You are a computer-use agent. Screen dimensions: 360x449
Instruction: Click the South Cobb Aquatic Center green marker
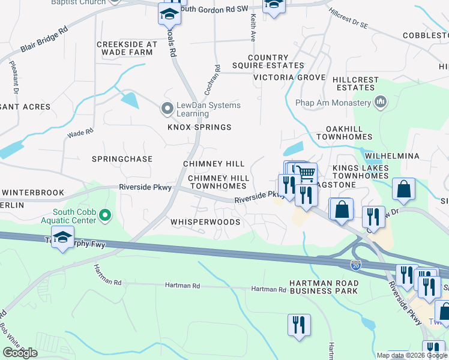pyautogui.click(x=105, y=214)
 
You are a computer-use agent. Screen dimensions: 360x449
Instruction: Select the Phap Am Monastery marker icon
pyautogui.click(x=379, y=102)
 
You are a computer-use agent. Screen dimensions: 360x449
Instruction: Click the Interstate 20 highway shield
pyautogui.click(x=356, y=263)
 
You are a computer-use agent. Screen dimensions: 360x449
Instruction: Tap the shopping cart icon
pyautogui.click(x=307, y=174)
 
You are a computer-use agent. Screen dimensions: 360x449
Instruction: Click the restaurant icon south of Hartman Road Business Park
pyautogui.click(x=298, y=325)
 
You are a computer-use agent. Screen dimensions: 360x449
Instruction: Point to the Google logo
pyautogui.click(x=20, y=353)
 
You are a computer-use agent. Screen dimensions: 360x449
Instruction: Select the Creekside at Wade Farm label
pyautogui.click(x=127, y=49)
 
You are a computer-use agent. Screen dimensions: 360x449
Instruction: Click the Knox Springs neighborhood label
pyautogui.click(x=199, y=127)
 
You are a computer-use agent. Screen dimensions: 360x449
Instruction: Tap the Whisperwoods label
pyautogui.click(x=205, y=222)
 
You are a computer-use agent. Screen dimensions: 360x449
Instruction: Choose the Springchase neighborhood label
pyautogui.click(x=122, y=159)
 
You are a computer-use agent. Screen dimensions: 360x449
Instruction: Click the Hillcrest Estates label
pyautogui.click(x=355, y=83)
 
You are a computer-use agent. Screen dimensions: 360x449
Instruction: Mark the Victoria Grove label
pyautogui.click(x=289, y=78)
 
